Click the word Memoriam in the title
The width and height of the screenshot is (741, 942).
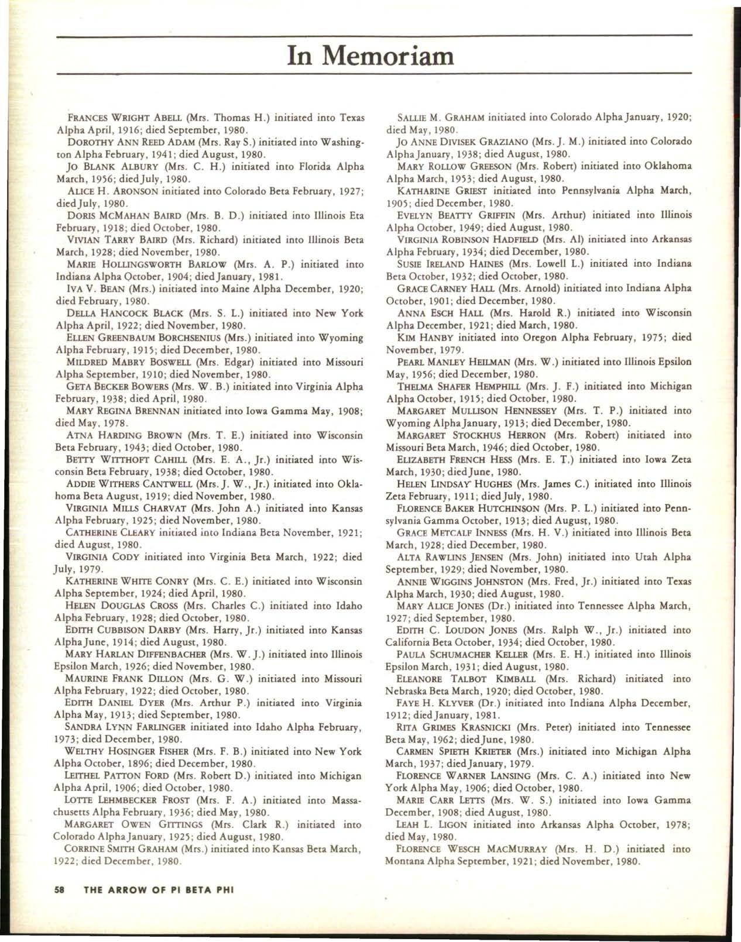389,56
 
